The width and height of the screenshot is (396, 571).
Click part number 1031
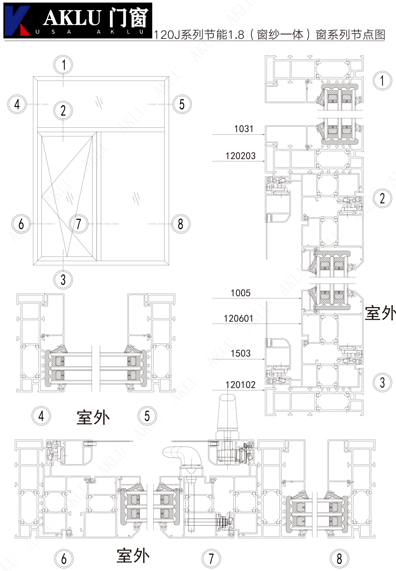243,129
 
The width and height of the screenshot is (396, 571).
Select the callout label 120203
240,156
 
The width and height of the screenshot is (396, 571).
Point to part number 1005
240,293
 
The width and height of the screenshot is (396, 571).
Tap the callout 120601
238,318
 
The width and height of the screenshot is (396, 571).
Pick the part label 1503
240,353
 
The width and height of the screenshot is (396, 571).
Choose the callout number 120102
240,385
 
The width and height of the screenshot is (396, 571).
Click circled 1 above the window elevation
63,65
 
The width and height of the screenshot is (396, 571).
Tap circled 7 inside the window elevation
79,224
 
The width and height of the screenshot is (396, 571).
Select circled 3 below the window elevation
63,280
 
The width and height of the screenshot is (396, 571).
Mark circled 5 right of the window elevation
182,104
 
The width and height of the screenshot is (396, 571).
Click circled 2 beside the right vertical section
382,198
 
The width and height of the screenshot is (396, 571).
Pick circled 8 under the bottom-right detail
340,559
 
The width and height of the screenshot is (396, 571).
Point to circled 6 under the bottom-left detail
64,559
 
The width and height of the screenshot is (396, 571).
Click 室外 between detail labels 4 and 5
93,418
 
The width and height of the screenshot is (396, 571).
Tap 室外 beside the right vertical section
380,313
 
